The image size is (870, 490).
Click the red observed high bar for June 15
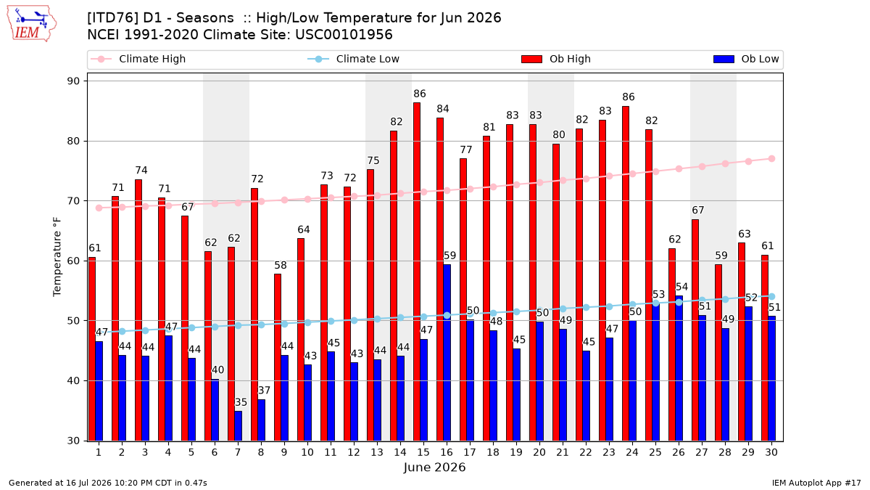click(x=417, y=271)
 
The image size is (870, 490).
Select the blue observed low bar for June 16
click(x=447, y=353)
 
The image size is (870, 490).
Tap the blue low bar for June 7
click(x=238, y=426)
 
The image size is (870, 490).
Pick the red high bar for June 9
click(x=277, y=357)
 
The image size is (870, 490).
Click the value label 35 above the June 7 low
click(x=241, y=402)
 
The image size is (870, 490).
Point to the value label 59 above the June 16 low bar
click(x=449, y=256)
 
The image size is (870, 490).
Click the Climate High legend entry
click(x=138, y=59)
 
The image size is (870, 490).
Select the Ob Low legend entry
click(x=746, y=59)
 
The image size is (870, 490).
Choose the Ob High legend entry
click(x=556, y=59)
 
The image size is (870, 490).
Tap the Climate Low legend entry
click(x=354, y=59)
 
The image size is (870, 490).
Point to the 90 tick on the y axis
click(x=73, y=81)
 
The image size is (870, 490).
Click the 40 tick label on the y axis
click(x=73, y=380)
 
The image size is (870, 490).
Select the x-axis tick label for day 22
click(x=586, y=452)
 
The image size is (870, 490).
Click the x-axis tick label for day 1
click(x=99, y=452)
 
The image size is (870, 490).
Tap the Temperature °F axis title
click(x=57, y=257)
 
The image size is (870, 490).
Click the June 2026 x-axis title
click(x=434, y=467)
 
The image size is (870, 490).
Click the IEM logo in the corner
click(x=31, y=24)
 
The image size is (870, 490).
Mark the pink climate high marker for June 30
click(x=771, y=159)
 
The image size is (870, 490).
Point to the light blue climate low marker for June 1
click(x=99, y=332)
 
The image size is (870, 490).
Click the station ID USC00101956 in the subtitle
click(x=344, y=35)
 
